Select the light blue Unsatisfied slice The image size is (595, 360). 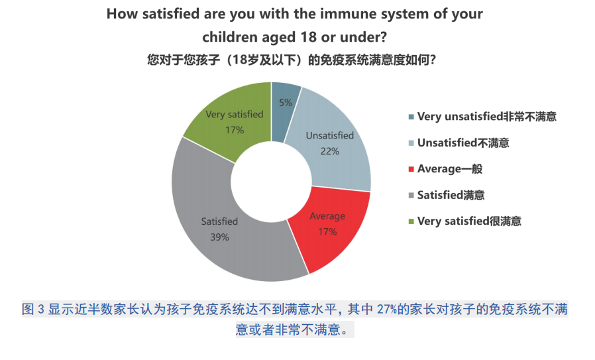click(334, 145)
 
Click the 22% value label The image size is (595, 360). click(330, 151)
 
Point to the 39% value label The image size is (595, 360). click(220, 237)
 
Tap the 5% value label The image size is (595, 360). click(286, 103)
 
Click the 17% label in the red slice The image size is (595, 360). click(327, 231)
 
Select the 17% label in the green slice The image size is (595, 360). click(235, 130)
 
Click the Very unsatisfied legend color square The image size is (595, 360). click(411, 117)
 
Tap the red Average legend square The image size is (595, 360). click(411, 169)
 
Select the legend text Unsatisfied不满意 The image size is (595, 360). click(463, 143)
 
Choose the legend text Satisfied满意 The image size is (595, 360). click(451, 195)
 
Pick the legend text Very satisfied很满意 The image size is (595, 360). click(469, 221)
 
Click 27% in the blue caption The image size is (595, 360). click(387, 310)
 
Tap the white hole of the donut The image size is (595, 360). click(271, 182)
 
